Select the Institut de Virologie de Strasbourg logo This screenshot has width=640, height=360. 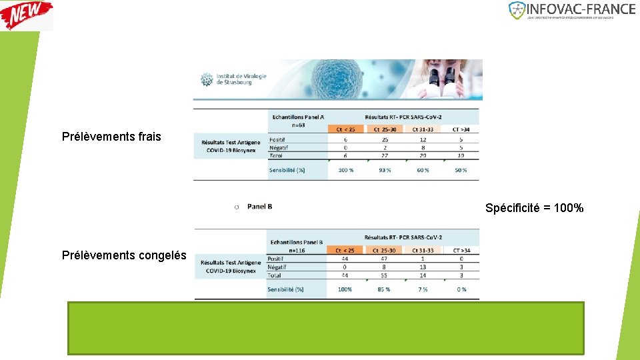coord(234,79)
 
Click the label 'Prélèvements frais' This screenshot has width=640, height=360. coord(111,137)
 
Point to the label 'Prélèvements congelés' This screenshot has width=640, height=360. coord(124,254)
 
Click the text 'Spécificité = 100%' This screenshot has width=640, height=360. coord(534,208)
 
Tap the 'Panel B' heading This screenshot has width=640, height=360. coord(259,207)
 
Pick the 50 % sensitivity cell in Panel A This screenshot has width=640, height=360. coord(461,170)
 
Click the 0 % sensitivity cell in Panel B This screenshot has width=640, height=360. coord(461,289)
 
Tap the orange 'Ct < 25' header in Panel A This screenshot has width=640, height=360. coord(345,129)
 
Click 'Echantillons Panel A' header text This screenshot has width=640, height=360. coord(297,117)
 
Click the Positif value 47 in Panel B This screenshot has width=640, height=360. coord(383,259)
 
